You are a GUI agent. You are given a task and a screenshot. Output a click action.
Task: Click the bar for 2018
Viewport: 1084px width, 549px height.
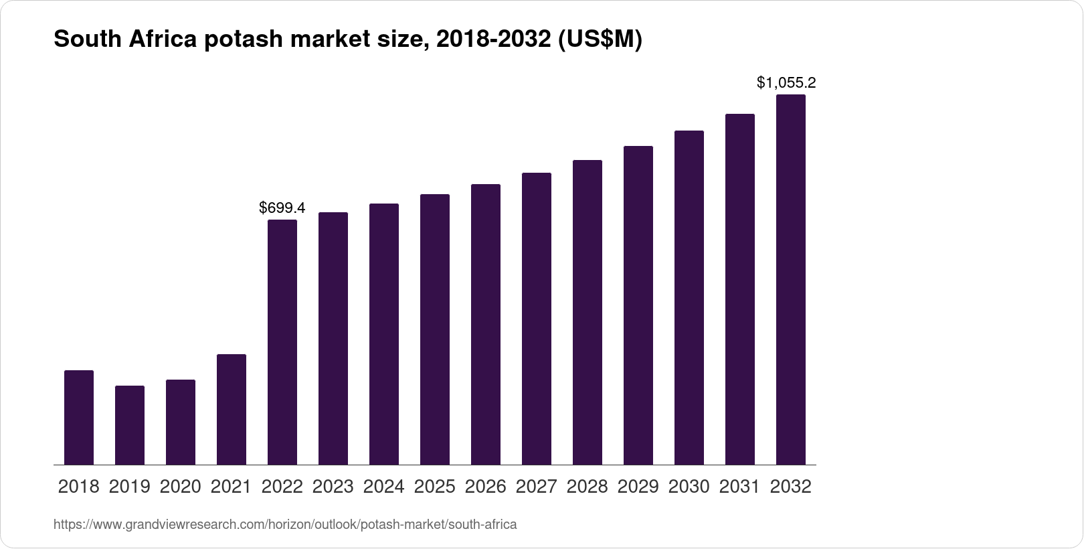79,417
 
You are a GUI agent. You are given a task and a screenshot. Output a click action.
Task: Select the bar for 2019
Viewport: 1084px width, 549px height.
130,425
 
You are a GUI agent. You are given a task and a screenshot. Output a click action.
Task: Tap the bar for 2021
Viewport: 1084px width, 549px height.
232,409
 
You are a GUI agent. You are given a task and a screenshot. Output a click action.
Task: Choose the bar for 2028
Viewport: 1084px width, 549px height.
588,312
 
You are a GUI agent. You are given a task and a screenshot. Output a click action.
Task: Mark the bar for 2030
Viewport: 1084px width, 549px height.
689,297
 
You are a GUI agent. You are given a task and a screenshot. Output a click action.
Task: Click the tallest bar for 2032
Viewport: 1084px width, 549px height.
791,279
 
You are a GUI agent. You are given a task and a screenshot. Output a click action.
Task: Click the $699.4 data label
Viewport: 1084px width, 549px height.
282,208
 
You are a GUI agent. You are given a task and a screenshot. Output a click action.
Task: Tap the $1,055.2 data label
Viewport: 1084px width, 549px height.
786,83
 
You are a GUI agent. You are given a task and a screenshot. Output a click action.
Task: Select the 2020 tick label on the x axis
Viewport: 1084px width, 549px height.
181,487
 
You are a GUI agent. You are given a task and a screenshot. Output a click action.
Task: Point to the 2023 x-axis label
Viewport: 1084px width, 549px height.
333,487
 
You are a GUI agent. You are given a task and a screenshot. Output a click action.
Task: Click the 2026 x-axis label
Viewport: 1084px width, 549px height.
486,487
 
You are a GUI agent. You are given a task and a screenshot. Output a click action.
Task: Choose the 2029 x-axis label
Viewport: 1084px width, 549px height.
638,487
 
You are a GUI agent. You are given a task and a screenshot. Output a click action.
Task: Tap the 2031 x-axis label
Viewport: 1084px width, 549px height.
740,487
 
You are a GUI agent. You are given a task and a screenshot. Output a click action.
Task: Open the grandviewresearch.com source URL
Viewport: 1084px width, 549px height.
285,524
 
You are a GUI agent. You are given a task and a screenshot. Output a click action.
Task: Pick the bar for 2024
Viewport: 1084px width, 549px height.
384,333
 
